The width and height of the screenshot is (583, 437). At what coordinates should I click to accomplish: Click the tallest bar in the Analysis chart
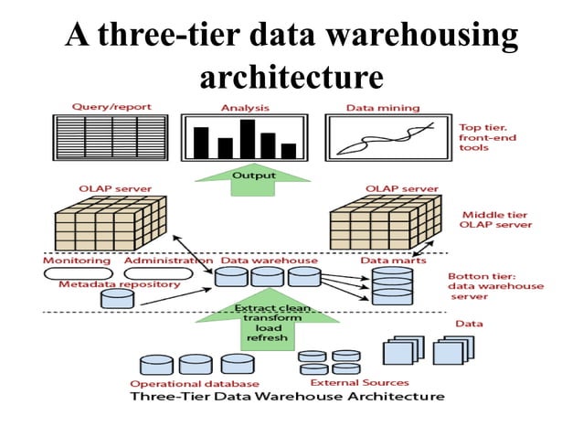click(247, 139)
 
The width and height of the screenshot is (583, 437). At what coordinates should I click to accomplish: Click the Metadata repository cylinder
click(117, 297)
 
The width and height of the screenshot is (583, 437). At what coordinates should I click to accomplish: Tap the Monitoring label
click(77, 261)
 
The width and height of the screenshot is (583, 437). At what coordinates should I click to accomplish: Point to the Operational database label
click(195, 383)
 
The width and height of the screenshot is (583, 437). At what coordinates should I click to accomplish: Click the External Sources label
click(346, 382)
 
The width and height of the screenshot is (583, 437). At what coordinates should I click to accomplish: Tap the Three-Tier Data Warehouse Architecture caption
click(287, 397)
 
